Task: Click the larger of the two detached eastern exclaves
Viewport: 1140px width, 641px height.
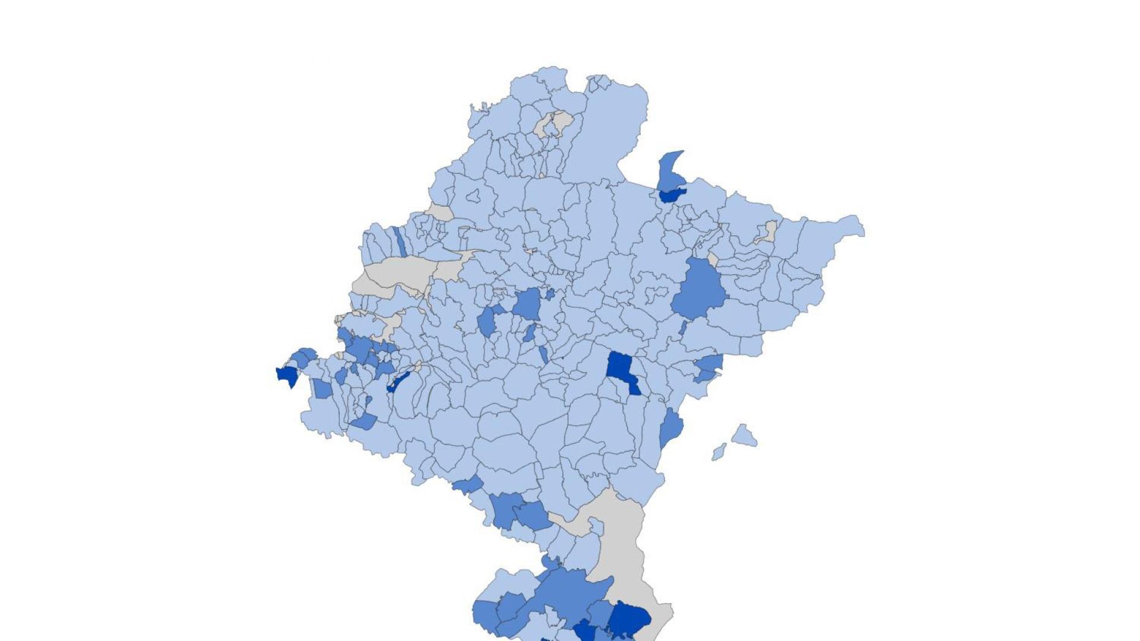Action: [x=743, y=436]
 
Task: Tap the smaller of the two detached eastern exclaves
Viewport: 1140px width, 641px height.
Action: [x=719, y=452]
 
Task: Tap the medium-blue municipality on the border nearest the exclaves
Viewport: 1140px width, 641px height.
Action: [x=671, y=427]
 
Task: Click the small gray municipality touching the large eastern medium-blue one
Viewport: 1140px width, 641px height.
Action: [x=712, y=259]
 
